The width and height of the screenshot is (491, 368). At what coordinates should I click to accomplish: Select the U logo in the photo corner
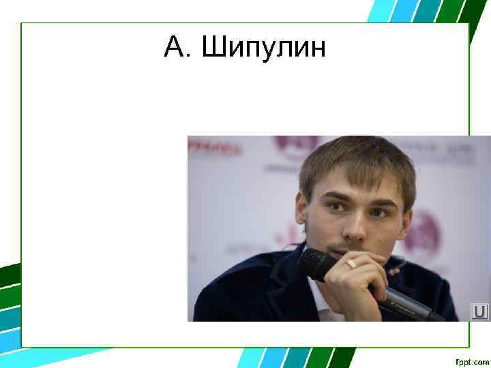point(479,311)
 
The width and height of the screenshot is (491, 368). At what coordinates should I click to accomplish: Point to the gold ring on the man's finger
point(351,262)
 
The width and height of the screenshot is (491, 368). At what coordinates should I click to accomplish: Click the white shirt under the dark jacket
point(321,303)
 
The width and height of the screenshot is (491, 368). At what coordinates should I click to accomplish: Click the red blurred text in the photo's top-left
point(215,147)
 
